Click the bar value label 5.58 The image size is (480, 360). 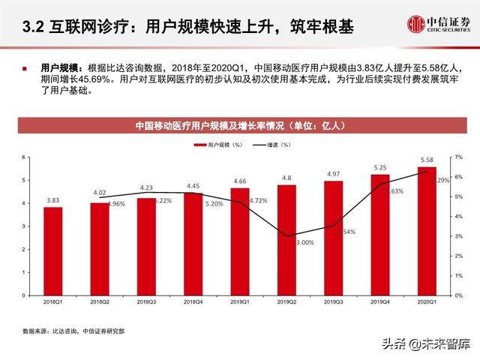[x=426, y=160]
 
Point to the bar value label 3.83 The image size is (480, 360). [x=52, y=201]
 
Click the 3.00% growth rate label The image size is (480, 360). [x=304, y=243]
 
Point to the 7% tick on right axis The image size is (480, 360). [x=458, y=157]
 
